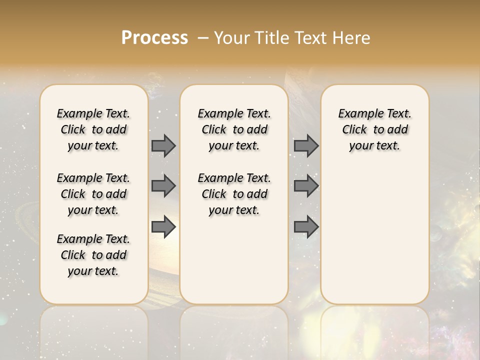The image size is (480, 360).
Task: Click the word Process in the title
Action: pos(154,38)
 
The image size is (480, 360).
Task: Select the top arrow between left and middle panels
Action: pos(163,145)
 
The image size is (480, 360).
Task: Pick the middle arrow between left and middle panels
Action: pos(163,186)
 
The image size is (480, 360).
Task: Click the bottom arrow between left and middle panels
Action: pos(163,227)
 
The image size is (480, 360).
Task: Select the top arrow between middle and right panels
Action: pos(306,145)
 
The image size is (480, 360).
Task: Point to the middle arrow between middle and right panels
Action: pos(306,186)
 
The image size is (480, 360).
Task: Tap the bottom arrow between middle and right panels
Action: pos(306,227)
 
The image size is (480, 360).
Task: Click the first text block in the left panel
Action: pos(93,129)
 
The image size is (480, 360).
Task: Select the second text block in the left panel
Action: pos(93,194)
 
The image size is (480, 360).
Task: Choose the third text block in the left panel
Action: pos(93,255)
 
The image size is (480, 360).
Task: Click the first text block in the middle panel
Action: pos(234,129)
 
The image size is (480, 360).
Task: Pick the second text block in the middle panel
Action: pos(234,194)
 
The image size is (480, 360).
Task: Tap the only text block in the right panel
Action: pos(375,129)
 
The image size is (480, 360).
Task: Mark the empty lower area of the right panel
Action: pos(375,240)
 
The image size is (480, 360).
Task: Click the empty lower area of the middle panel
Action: pos(234,260)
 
